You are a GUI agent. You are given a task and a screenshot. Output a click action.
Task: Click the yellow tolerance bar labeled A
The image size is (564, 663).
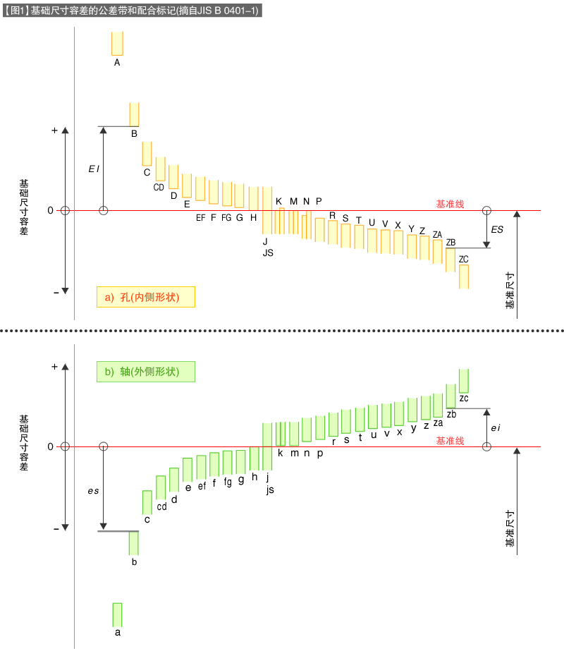(117, 43)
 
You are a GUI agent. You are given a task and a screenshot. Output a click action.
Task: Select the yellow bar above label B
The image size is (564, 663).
(134, 114)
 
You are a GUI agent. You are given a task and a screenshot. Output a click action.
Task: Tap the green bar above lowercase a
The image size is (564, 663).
(118, 614)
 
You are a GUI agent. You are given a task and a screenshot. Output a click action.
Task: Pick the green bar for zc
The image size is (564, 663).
(464, 380)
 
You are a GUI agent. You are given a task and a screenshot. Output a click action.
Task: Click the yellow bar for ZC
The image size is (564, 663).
(464, 276)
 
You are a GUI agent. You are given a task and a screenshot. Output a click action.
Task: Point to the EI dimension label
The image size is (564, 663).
(93, 169)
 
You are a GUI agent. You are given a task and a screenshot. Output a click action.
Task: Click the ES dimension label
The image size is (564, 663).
(497, 230)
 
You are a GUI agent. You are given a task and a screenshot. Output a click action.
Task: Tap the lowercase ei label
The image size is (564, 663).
(496, 427)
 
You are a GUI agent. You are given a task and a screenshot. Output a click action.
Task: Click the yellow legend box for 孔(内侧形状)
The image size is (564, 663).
(145, 297)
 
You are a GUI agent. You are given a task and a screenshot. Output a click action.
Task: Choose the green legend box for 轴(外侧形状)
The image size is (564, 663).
(145, 372)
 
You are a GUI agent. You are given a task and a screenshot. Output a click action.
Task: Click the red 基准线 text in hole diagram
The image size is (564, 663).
(450, 204)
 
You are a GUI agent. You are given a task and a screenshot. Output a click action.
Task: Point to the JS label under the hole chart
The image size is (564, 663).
(267, 253)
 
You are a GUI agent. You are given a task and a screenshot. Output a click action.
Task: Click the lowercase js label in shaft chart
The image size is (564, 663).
(270, 490)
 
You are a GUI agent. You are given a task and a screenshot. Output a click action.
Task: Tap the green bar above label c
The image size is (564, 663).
(147, 502)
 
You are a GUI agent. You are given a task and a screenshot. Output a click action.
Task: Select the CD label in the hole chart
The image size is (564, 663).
(159, 187)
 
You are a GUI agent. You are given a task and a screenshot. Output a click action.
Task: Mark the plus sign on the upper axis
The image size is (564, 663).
(54, 130)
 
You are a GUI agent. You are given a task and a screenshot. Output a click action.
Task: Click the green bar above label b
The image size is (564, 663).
(134, 543)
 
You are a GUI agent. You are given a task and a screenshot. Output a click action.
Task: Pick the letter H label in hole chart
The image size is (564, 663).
(253, 217)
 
